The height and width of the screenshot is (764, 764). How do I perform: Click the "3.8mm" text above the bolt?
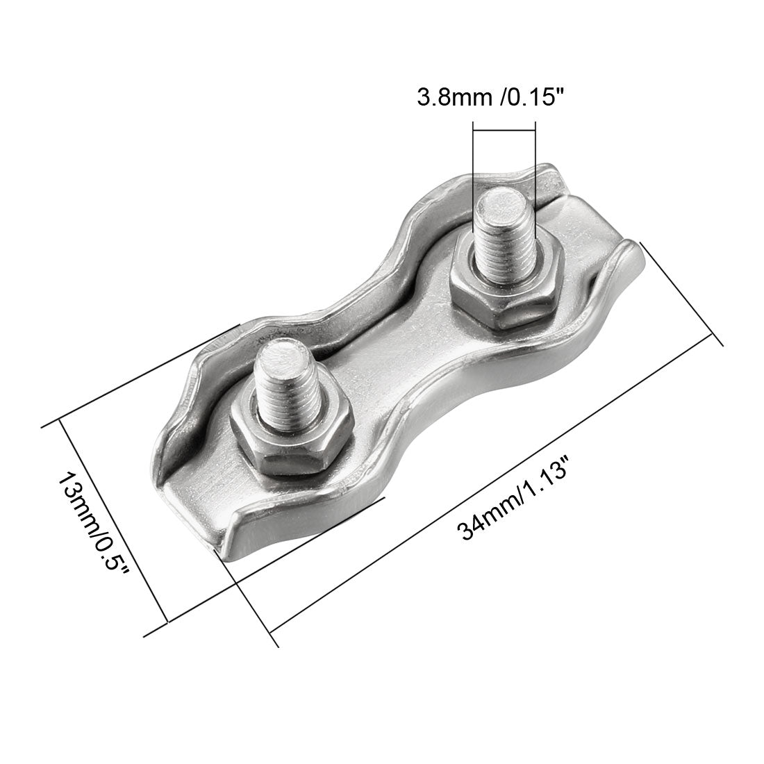[x=445, y=97]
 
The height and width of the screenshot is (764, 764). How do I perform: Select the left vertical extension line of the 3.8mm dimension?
[x=472, y=160]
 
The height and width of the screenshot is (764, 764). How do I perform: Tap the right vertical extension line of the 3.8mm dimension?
[x=535, y=160]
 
